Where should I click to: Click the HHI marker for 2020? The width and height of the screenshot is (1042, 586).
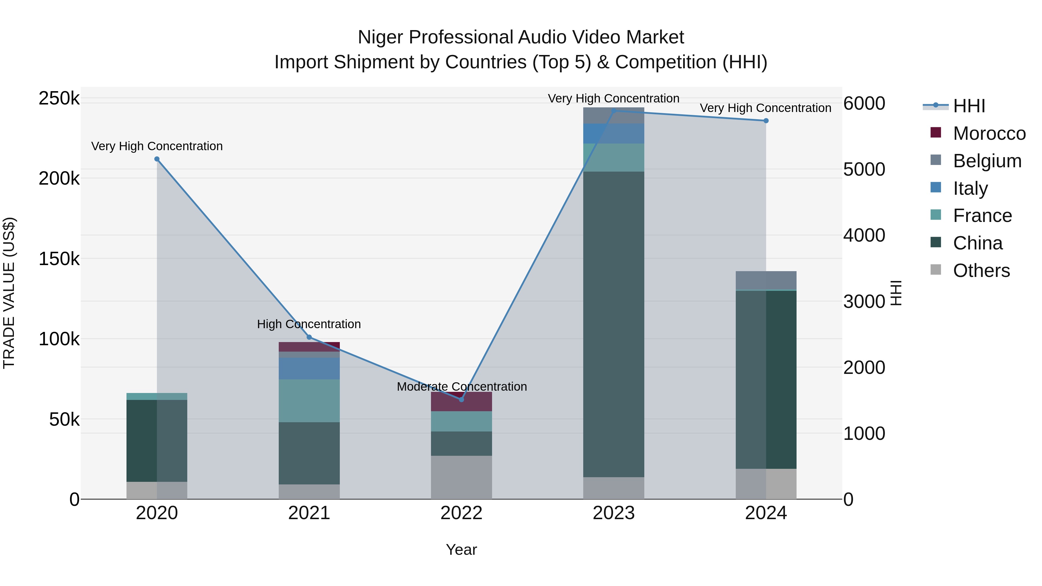[157, 159]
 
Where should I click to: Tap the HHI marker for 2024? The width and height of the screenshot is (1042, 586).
[766, 120]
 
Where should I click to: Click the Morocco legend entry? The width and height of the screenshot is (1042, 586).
[989, 133]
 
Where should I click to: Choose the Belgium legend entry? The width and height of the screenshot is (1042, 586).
[987, 161]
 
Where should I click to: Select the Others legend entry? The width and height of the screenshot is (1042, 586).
[981, 271]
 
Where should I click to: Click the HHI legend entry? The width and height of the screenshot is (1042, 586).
[969, 106]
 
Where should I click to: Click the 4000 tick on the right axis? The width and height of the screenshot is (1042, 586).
[864, 235]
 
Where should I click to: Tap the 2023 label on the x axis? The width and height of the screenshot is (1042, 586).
[614, 513]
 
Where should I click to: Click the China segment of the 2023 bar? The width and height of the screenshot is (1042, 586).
[614, 324]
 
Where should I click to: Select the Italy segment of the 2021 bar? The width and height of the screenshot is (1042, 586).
[309, 368]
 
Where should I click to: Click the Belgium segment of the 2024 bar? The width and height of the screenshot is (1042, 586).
[766, 280]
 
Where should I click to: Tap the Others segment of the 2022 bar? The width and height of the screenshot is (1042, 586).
[461, 477]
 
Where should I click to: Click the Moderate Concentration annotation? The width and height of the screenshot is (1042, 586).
[462, 387]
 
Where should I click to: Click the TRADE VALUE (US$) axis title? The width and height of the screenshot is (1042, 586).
[9, 293]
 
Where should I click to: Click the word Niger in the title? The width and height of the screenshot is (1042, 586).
[380, 37]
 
